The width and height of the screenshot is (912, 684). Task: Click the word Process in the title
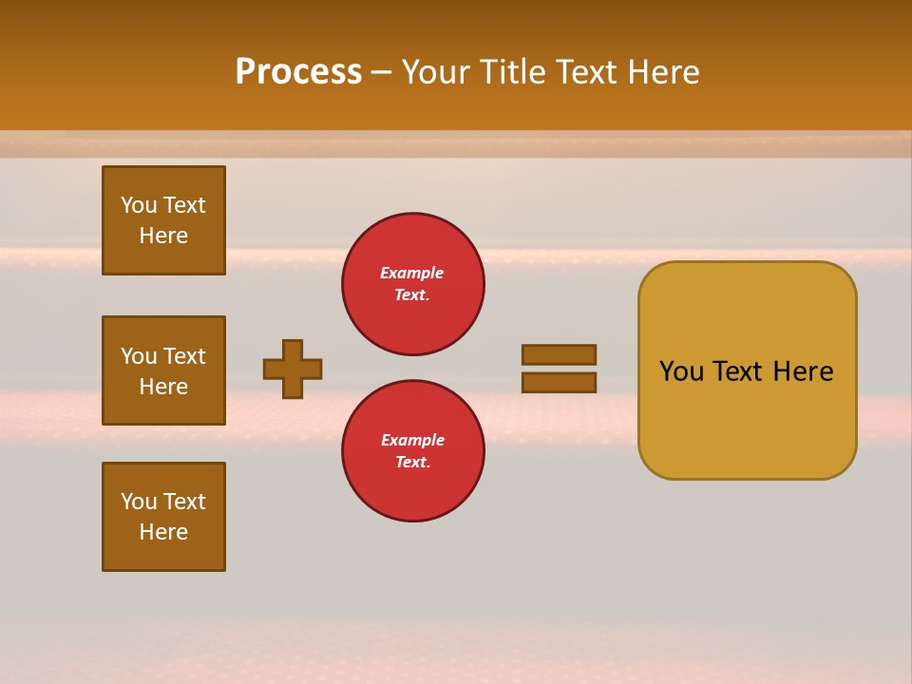[x=298, y=72]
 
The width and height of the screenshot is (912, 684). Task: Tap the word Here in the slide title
[x=663, y=72]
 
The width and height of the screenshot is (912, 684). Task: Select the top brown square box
[x=163, y=220]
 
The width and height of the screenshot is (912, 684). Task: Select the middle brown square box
[x=163, y=370]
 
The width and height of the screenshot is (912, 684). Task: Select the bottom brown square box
[x=163, y=517]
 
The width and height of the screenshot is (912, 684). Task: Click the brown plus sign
[x=293, y=369]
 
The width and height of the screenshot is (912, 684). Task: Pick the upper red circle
[x=413, y=284]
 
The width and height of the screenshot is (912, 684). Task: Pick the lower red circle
[x=413, y=451]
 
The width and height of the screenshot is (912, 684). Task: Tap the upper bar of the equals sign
[x=559, y=354]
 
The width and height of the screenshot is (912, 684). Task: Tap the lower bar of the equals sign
[x=559, y=383]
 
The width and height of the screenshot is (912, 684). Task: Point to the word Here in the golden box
[x=803, y=371]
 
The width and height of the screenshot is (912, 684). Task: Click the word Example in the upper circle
[x=411, y=273]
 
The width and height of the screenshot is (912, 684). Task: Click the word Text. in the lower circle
[x=412, y=463]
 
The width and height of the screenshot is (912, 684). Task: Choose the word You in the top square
[x=138, y=205]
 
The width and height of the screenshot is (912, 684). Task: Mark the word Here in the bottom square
[x=163, y=532]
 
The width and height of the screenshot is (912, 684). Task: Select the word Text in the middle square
[x=184, y=356]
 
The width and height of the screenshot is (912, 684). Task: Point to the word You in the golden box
[x=680, y=371]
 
